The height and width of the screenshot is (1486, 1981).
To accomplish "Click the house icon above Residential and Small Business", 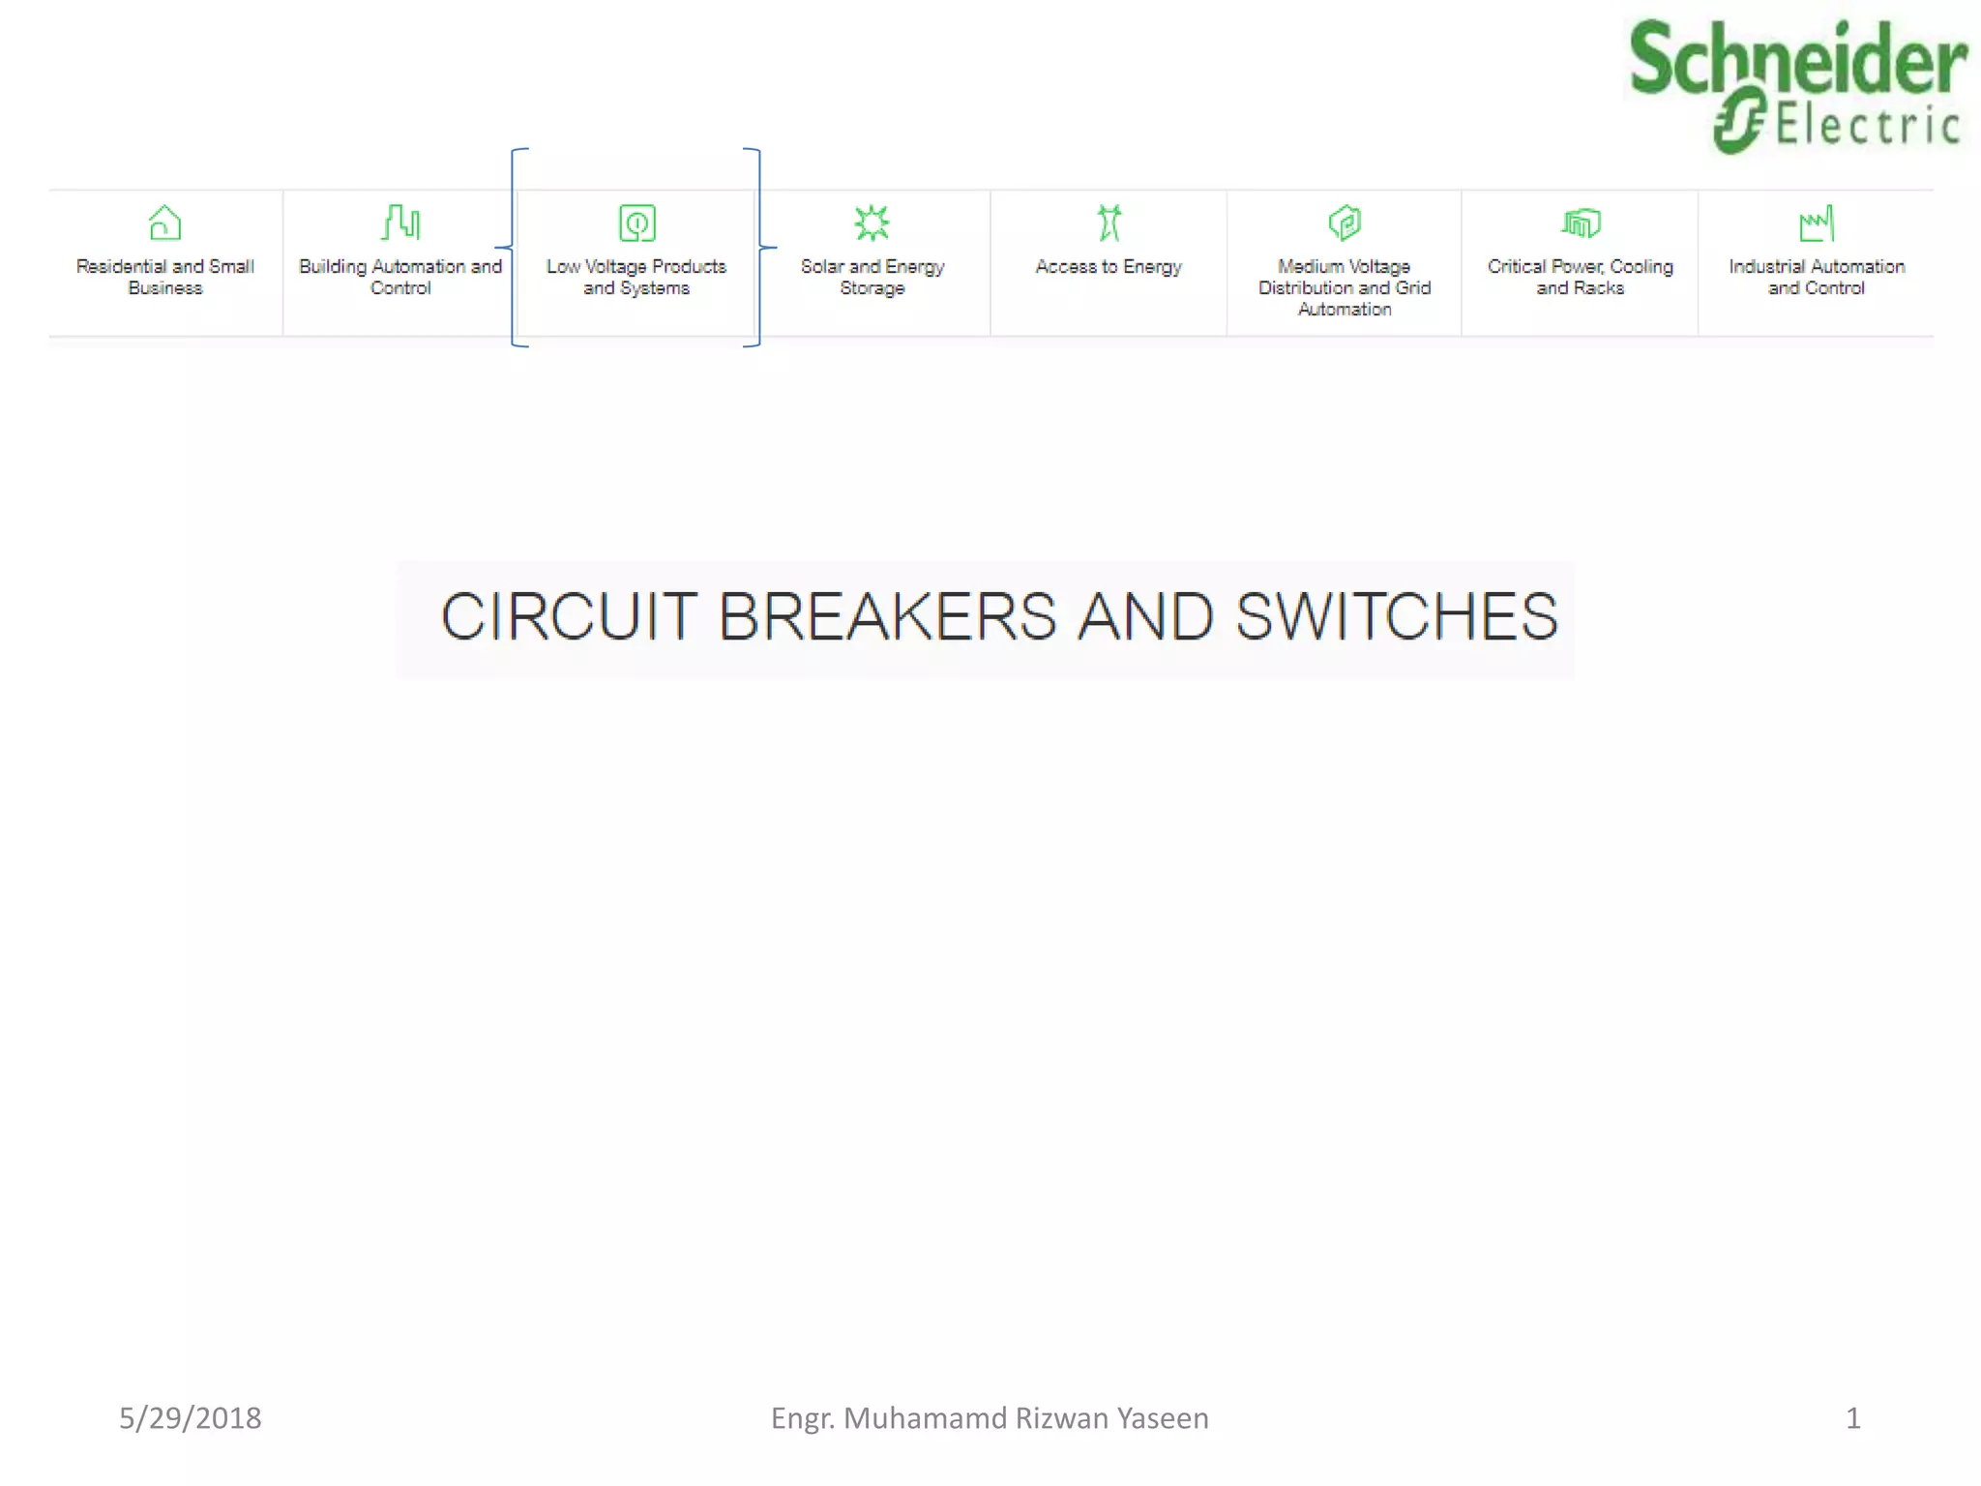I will tap(164, 223).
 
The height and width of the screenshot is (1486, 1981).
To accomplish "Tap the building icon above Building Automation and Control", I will tap(400, 223).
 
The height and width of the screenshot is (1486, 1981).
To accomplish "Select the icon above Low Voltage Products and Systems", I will tap(636, 223).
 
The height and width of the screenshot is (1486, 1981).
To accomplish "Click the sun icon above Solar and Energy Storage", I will tap(872, 223).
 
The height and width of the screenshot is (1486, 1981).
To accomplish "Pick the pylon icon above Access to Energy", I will tap(1109, 223).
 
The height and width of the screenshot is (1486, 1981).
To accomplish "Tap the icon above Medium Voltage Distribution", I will tap(1345, 223).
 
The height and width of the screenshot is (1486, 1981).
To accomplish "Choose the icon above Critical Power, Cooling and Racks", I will tap(1581, 223).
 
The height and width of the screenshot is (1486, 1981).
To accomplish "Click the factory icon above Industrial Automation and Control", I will tap(1816, 223).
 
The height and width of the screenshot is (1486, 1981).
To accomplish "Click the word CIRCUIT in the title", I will tap(568, 616).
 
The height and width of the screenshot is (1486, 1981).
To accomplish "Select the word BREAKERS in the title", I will tap(887, 616).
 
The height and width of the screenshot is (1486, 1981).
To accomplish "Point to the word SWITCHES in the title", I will tap(1397, 616).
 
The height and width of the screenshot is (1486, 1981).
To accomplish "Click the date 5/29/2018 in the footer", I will tap(190, 1418).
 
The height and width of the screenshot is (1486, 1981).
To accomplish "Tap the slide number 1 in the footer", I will tap(1852, 1418).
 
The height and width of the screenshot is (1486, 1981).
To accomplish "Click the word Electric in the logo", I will tap(1867, 126).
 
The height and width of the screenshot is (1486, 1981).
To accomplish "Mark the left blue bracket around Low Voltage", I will tap(514, 248).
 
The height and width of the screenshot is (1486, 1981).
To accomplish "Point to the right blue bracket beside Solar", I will tap(760, 248).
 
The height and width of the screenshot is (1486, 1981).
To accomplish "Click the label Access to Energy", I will tap(1109, 267).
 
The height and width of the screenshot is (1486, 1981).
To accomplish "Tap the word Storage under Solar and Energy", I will tap(872, 288).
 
